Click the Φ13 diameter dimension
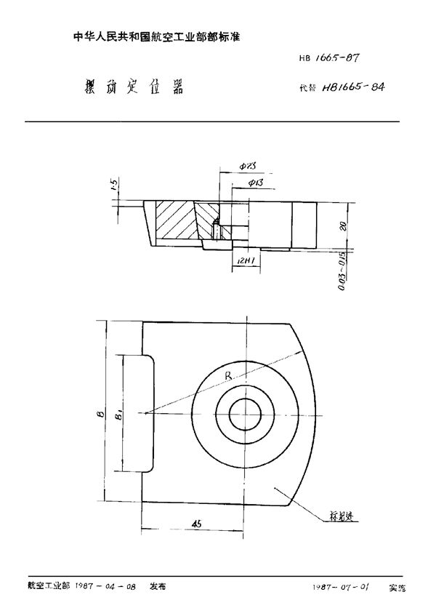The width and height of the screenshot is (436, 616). pos(255,183)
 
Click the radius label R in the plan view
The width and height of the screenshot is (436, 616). pos(229,377)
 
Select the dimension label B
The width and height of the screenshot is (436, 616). pos(100,417)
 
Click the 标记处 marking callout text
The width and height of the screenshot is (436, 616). pos(338,516)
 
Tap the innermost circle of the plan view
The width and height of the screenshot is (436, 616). pos(246,416)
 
